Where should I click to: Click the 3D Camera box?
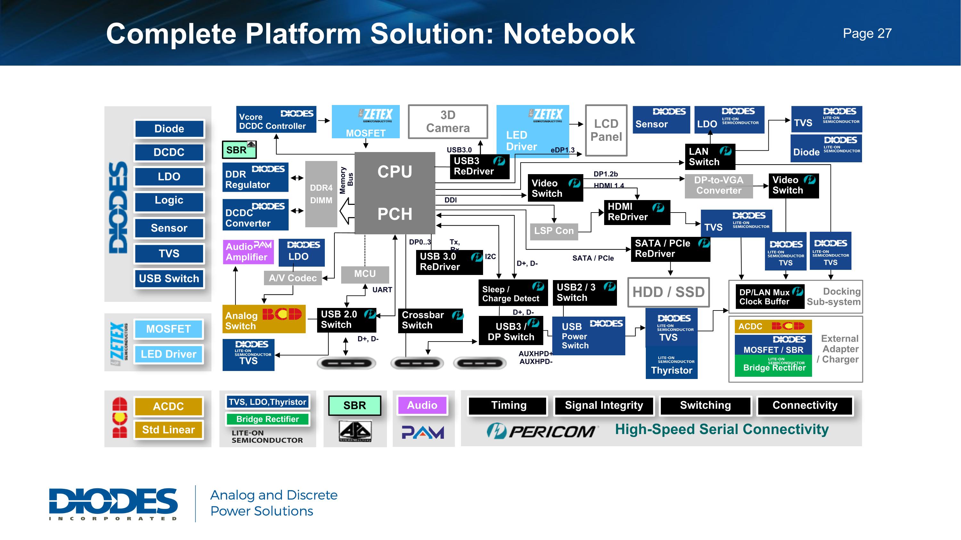448,122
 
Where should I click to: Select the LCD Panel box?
606,130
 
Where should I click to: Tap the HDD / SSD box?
668,292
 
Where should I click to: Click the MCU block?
365,274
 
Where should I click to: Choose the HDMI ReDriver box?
637,212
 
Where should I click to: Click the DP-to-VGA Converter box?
719,186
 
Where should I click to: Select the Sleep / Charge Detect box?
513,293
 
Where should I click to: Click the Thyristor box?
671,365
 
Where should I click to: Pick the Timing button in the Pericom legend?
508,406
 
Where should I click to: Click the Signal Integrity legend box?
604,406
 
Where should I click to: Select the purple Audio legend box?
422,405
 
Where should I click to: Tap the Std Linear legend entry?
168,430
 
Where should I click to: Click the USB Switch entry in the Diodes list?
169,278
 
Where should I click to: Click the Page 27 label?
867,34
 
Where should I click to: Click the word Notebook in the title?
569,34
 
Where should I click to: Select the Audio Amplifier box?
248,252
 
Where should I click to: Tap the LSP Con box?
554,231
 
